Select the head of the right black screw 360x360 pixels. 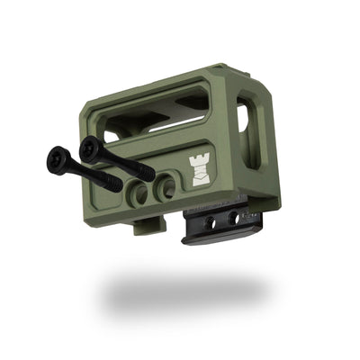tap(89, 147)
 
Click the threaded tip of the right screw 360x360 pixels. tap(146, 172)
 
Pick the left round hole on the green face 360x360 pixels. tap(139, 191)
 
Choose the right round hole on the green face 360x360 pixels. tap(166, 187)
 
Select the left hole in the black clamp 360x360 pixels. tap(210, 221)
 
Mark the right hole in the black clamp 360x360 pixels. tap(236, 217)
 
